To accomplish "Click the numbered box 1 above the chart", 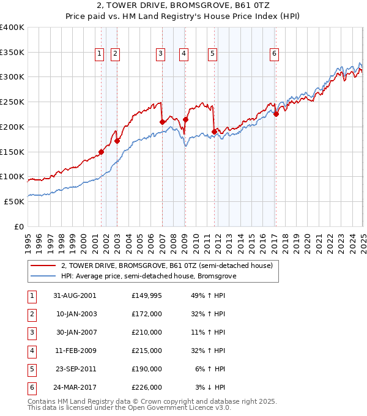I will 99,54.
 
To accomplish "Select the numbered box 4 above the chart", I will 183,54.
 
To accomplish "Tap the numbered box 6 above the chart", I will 275,54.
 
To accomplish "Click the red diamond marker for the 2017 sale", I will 276,113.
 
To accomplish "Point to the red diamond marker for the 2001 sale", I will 102,152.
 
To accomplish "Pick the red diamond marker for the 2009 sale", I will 185,119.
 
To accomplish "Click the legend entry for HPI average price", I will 148,276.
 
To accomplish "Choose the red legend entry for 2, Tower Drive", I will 170,266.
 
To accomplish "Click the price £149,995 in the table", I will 146,295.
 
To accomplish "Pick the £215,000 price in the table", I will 146,351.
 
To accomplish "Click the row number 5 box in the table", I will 31,369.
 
